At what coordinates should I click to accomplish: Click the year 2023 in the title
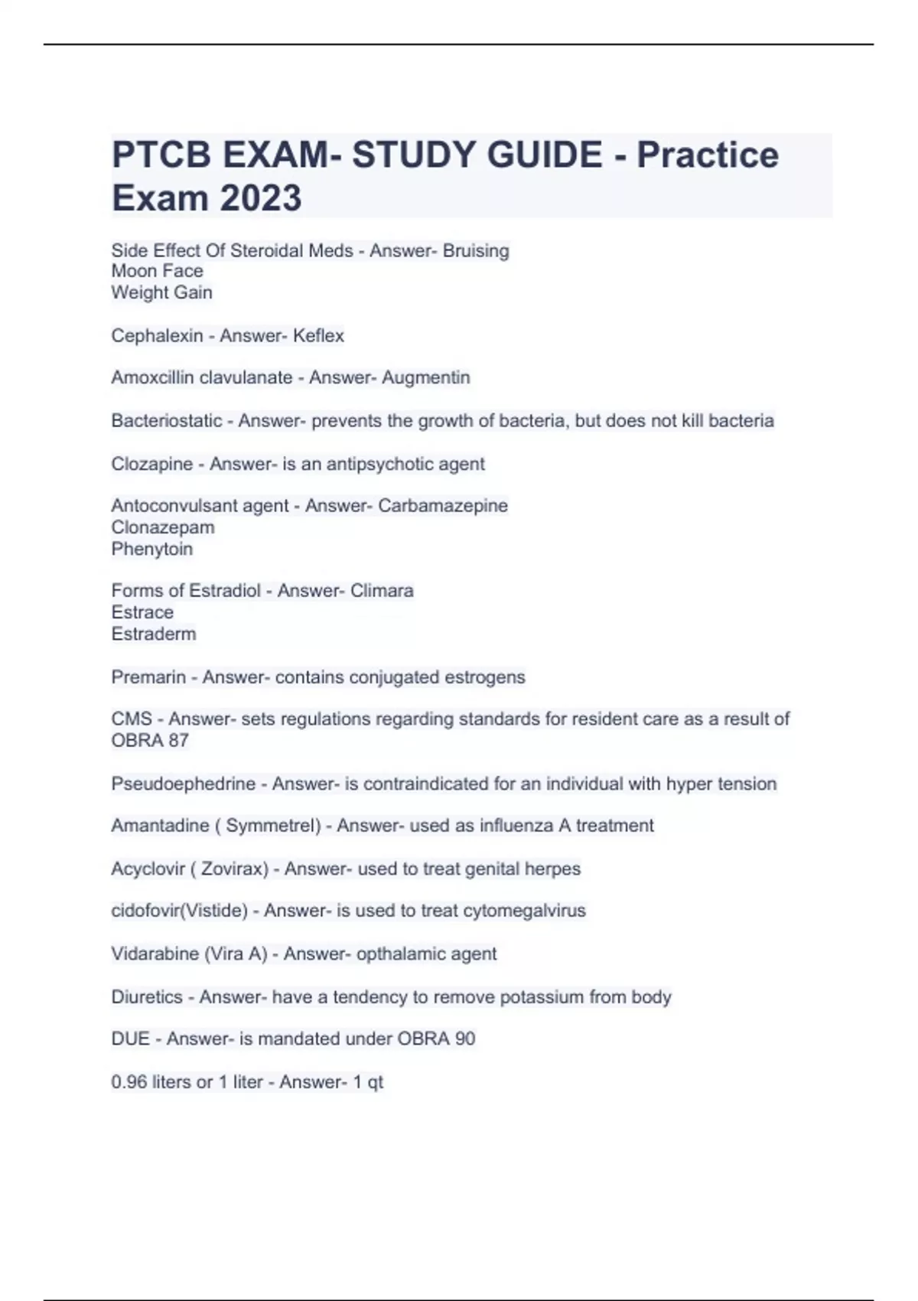tap(260, 197)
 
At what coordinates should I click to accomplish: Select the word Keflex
tap(318, 336)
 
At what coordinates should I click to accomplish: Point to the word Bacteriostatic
tap(166, 421)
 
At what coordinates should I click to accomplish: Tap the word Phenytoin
tap(151, 549)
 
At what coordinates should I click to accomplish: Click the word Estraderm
tap(153, 634)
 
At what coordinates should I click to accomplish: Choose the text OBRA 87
tap(149, 741)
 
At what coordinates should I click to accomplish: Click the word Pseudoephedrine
tap(183, 784)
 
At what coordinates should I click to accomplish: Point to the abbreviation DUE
tap(130, 1039)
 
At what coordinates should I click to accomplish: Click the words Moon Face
tap(157, 272)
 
